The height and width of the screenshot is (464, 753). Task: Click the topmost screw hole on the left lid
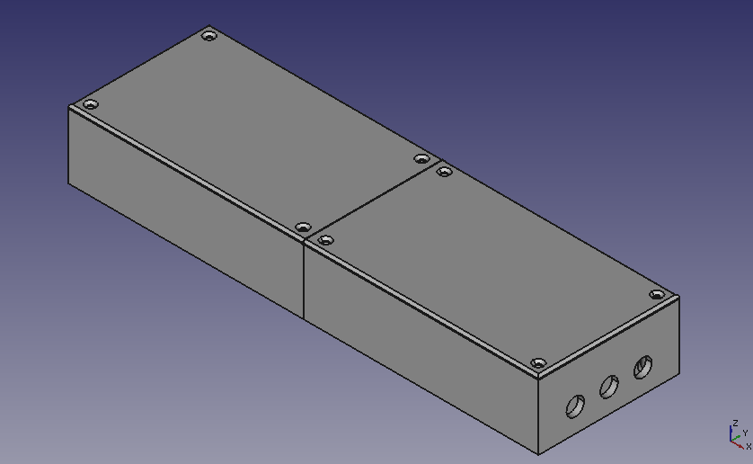pyautogui.click(x=209, y=37)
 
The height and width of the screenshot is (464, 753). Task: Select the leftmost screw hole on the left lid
pyautogui.click(x=90, y=105)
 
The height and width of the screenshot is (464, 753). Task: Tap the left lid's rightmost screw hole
pyautogui.click(x=421, y=159)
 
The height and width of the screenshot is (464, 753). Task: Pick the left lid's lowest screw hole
pyautogui.click(x=303, y=228)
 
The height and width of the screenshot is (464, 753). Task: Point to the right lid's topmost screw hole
pyautogui.click(x=443, y=171)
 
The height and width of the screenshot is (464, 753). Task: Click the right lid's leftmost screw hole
pyautogui.click(x=325, y=240)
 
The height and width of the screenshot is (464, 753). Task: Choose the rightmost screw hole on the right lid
pyautogui.click(x=657, y=295)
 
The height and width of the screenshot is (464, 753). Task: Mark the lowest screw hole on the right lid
pyautogui.click(x=538, y=363)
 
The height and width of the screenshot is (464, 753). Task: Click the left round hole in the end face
pyautogui.click(x=574, y=406)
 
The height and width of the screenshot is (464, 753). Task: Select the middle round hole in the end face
pyautogui.click(x=608, y=388)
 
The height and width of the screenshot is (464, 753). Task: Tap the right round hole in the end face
pyautogui.click(x=643, y=367)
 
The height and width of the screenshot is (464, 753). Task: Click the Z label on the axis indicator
pyautogui.click(x=736, y=424)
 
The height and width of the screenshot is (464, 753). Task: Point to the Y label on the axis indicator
pyautogui.click(x=745, y=433)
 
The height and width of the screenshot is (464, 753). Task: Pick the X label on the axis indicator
pyautogui.click(x=749, y=446)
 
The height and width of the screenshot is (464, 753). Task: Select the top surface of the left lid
pyautogui.click(x=252, y=126)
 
